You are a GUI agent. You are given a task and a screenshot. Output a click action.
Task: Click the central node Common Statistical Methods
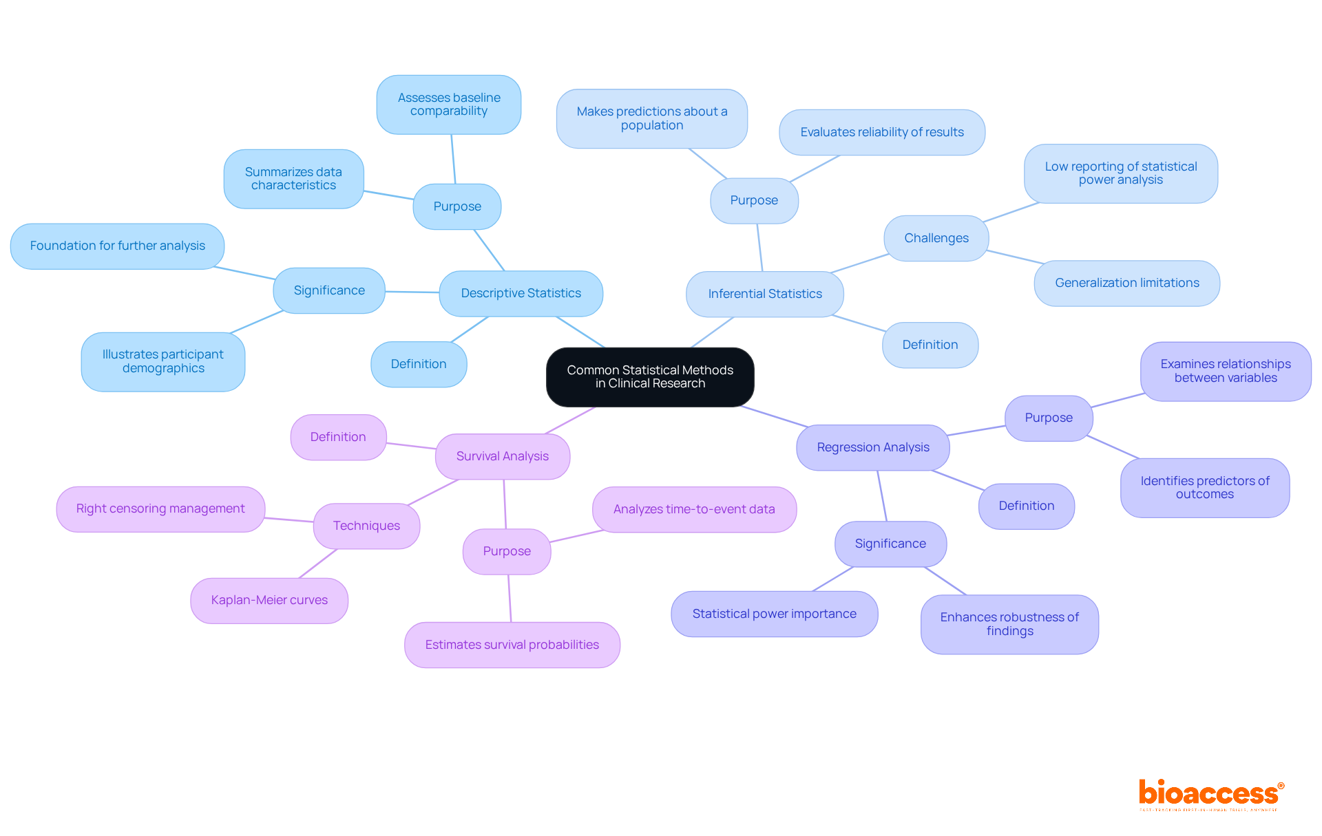[x=650, y=376]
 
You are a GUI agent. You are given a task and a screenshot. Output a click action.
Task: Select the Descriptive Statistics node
[x=521, y=293]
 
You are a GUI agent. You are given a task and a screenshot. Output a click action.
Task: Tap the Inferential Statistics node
[x=764, y=294]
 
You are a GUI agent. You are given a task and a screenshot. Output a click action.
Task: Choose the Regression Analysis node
[x=872, y=447]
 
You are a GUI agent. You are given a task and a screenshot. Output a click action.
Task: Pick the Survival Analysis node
[x=502, y=456]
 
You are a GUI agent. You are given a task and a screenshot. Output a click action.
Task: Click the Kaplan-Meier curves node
[x=269, y=600]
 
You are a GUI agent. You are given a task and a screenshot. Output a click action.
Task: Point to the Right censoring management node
[x=160, y=508]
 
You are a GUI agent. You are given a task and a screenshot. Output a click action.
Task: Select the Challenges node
[x=936, y=238]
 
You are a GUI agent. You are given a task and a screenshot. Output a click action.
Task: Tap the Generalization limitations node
[x=1126, y=283]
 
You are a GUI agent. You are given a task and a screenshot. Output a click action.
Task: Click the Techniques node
[x=366, y=526]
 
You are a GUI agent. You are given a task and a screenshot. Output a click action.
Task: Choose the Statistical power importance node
[x=774, y=614]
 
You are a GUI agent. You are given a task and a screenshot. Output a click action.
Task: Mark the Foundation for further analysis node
[x=117, y=246]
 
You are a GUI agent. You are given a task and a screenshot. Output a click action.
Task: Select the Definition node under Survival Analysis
[x=338, y=437]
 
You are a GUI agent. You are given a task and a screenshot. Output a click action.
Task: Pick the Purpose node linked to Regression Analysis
[x=1048, y=418]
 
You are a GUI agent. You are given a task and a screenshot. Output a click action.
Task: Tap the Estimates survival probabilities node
[x=512, y=645]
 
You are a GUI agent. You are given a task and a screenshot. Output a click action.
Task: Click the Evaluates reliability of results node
[x=881, y=132]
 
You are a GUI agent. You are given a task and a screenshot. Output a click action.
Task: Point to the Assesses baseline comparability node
[x=449, y=105]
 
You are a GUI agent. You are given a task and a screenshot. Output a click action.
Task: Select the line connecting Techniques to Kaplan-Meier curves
[x=318, y=564]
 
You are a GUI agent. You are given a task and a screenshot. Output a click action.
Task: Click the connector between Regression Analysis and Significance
[x=882, y=496]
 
